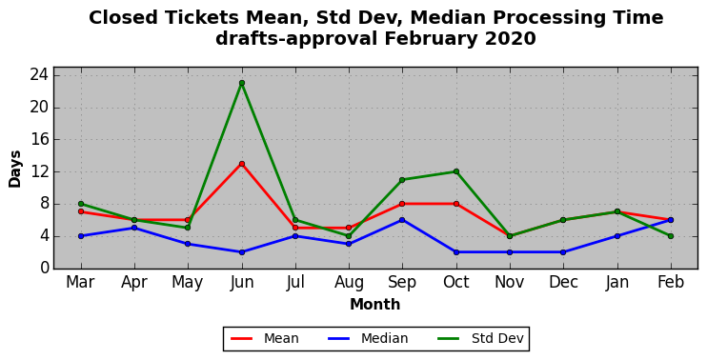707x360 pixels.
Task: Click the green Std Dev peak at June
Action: pyautogui.click(x=242, y=83)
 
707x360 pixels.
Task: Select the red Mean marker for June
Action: pyautogui.click(x=242, y=164)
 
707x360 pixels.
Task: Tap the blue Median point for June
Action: pyautogui.click(x=242, y=252)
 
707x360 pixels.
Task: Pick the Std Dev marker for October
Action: pyautogui.click(x=456, y=171)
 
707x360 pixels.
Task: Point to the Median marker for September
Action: pyautogui.click(x=402, y=220)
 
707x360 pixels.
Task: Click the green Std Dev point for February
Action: pyautogui.click(x=671, y=236)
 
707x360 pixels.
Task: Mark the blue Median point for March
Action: pyautogui.click(x=81, y=236)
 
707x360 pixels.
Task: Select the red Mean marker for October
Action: pyautogui.click(x=456, y=204)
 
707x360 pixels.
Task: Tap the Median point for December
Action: pyautogui.click(x=563, y=252)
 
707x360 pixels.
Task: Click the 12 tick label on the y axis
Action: pyautogui.click(x=39, y=171)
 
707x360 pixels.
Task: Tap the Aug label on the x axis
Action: pyautogui.click(x=349, y=283)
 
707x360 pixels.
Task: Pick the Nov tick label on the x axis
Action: pyautogui.click(x=510, y=282)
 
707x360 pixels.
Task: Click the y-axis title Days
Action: pyautogui.click(x=15, y=169)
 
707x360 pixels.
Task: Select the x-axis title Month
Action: pyautogui.click(x=375, y=305)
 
